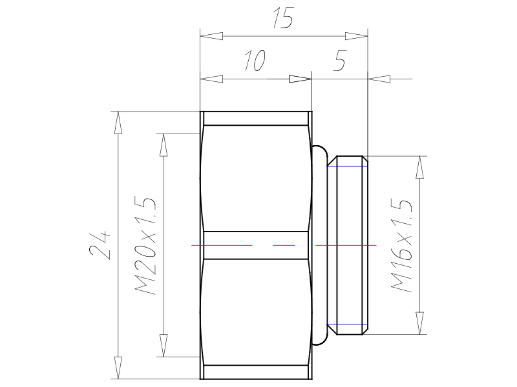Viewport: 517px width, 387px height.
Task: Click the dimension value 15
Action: pyautogui.click(x=283, y=17)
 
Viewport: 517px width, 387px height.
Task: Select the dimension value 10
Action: pyautogui.click(x=255, y=61)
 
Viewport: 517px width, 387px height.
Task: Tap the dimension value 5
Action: pyautogui.click(x=340, y=60)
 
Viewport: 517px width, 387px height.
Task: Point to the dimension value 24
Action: pyautogui.click(x=100, y=245)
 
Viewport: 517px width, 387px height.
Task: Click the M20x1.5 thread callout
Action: pyautogui.click(x=145, y=246)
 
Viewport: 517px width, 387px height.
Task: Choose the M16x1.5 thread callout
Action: pyautogui.click(x=401, y=245)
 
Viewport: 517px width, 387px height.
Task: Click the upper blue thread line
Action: pyautogui.click(x=347, y=166)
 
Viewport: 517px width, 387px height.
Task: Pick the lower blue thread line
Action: pyautogui.click(x=347, y=324)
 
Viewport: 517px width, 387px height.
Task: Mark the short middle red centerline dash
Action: pyautogui.click(x=284, y=245)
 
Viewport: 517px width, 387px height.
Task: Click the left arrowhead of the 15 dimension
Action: pyautogui.click(x=211, y=36)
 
